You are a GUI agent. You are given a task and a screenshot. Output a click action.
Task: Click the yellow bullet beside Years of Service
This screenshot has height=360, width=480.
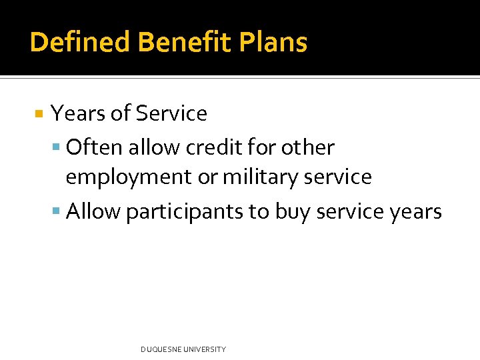click(39, 114)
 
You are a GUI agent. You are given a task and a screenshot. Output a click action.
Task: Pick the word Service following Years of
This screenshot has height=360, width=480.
click(171, 114)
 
